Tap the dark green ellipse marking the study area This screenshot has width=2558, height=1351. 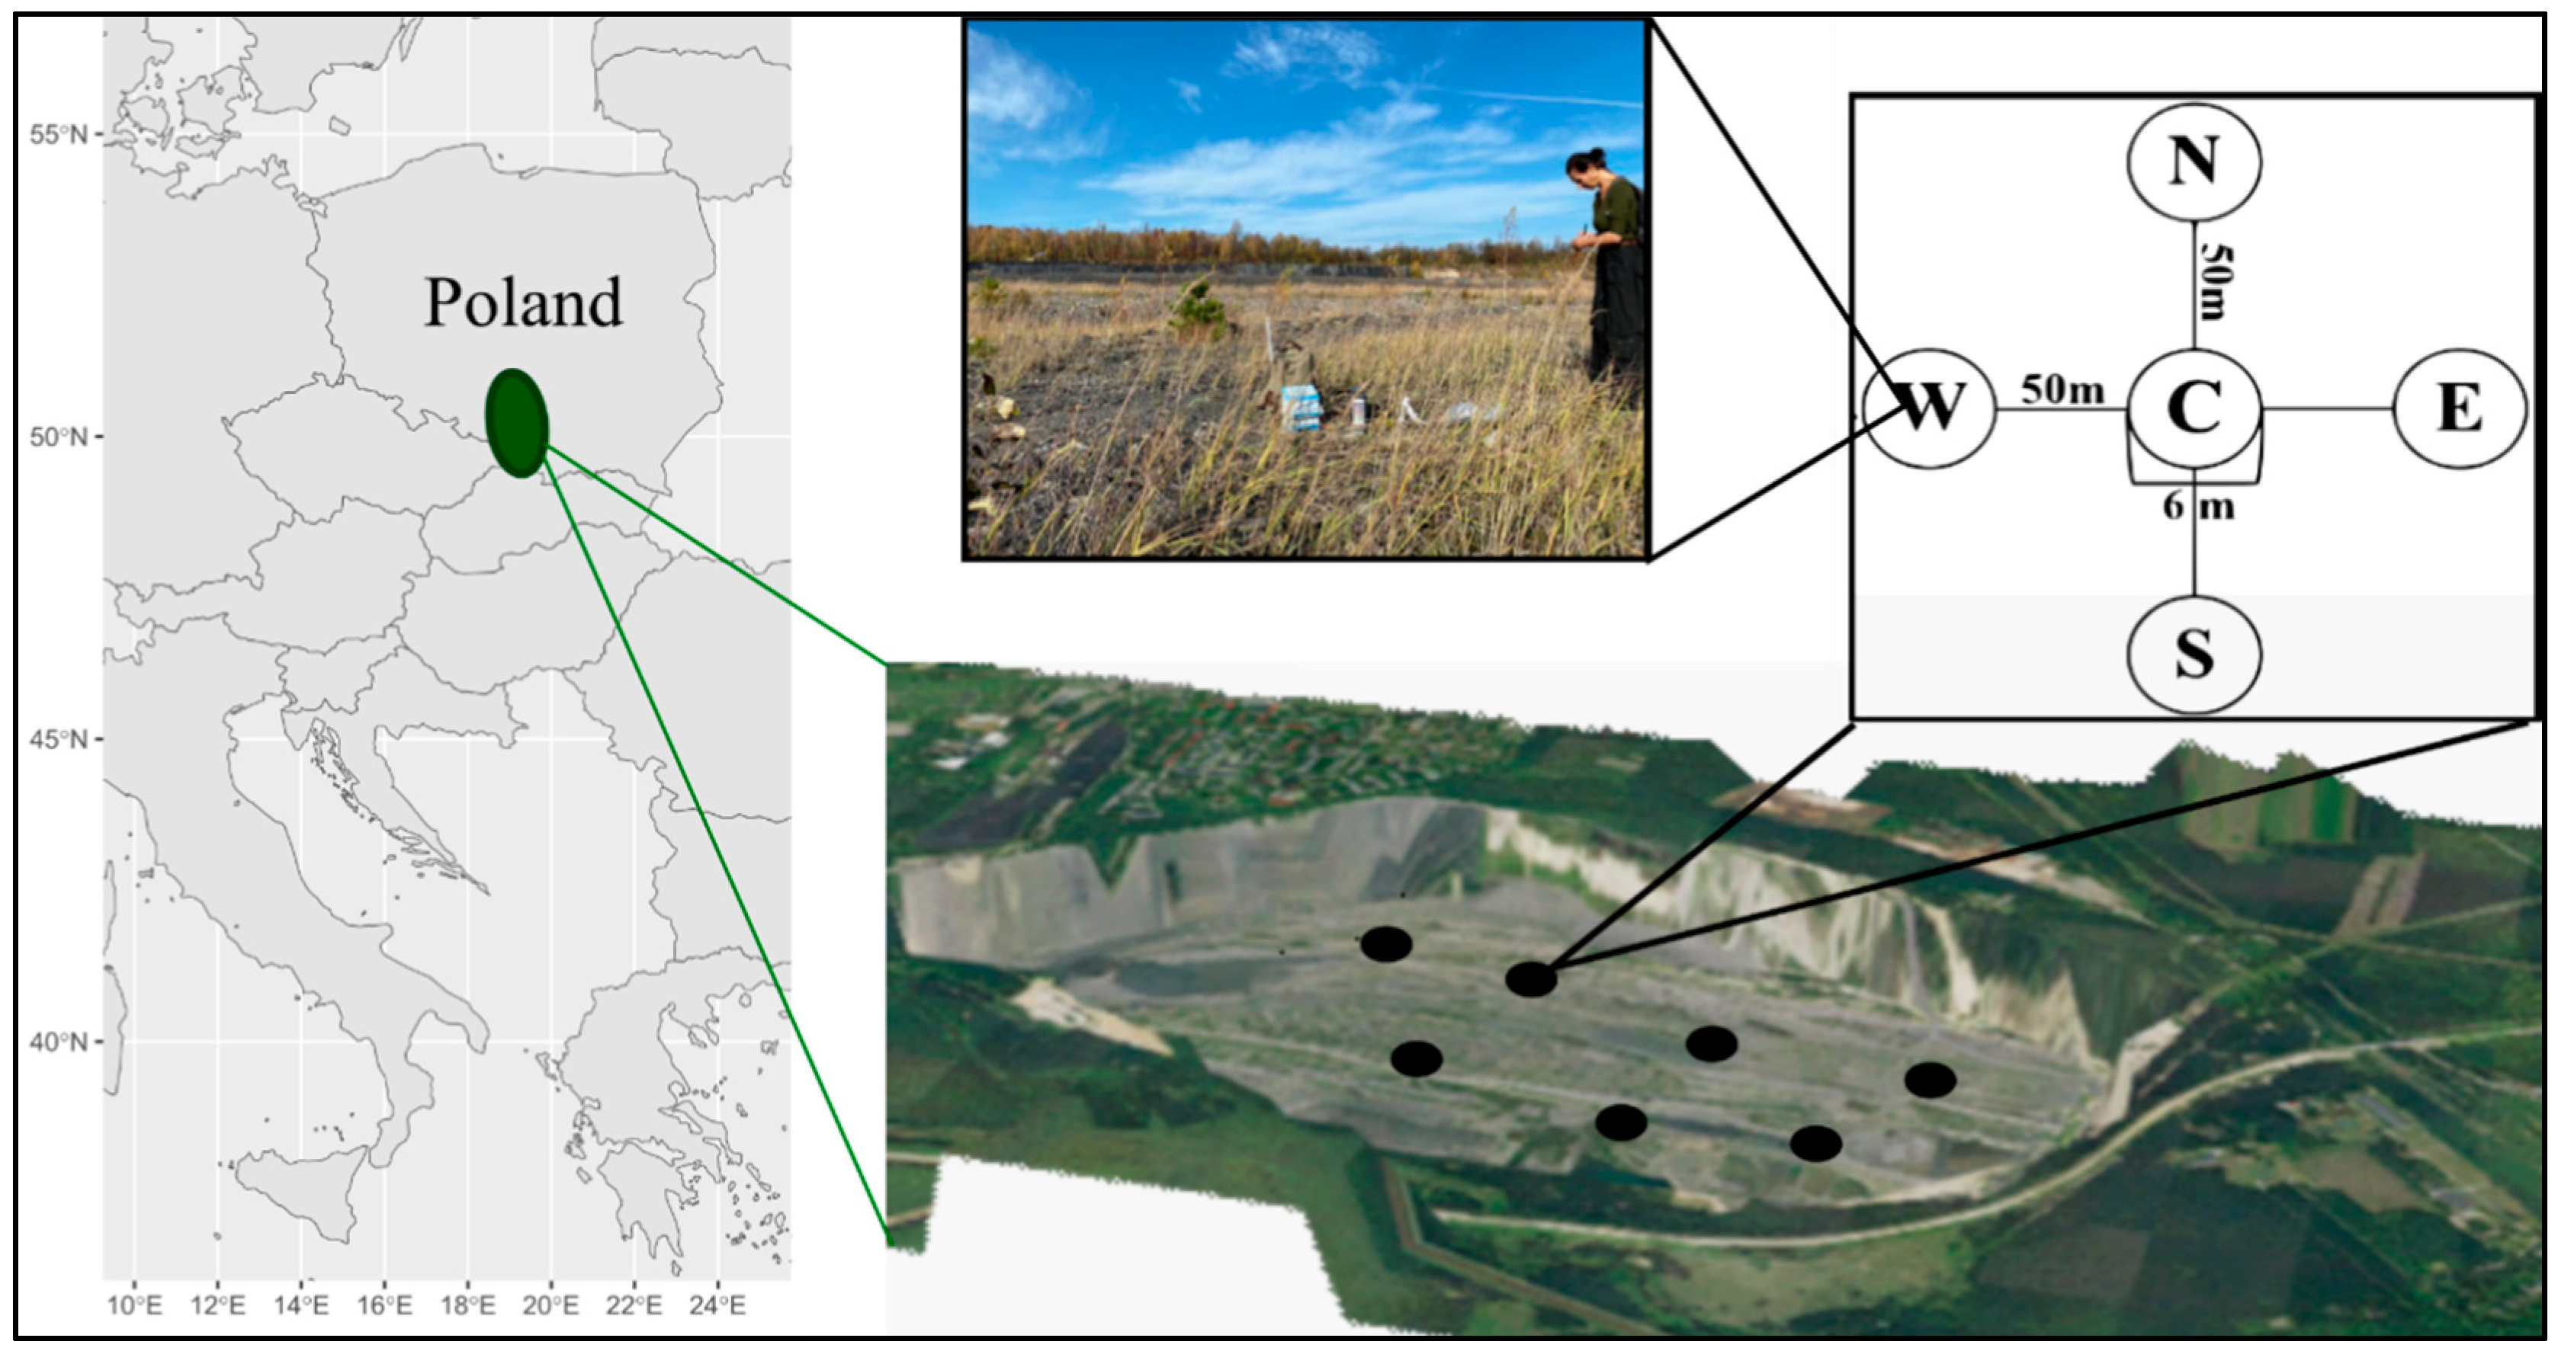tap(516, 423)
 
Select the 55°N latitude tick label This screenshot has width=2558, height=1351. tap(59, 134)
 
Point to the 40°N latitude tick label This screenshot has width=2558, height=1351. tap(59, 1042)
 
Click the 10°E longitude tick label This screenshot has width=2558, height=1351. tap(135, 1305)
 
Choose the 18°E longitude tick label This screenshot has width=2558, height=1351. tap(467, 1305)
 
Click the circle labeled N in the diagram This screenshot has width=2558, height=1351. tap(2194, 162)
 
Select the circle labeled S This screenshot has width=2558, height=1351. tap(2194, 654)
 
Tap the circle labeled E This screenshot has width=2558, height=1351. tap(2459, 408)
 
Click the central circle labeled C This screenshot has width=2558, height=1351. tap(2194, 408)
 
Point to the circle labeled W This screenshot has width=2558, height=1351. tap(1928, 408)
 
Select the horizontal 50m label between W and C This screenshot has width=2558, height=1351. tap(2062, 390)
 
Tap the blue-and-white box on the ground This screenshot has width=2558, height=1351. tap(1301, 408)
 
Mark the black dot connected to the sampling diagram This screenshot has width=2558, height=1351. tap(1530, 978)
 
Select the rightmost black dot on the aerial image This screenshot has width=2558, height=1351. tap(1930, 1080)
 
